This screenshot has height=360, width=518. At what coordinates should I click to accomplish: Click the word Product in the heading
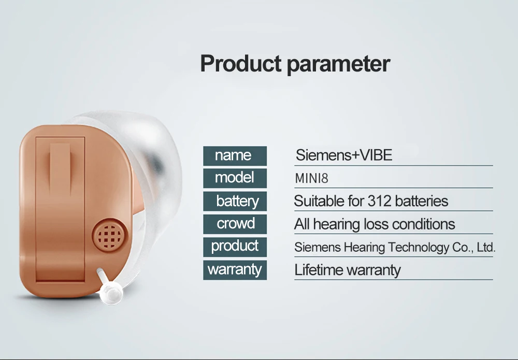point(241,63)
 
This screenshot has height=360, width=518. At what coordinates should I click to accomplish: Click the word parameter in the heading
point(339,65)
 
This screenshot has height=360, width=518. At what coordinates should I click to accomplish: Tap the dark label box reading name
point(235,156)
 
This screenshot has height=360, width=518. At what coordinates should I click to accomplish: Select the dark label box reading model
point(235,178)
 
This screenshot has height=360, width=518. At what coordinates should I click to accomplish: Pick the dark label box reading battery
point(235,201)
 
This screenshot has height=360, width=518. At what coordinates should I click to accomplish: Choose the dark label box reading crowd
point(235,224)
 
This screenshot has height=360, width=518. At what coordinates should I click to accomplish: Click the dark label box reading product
point(235,247)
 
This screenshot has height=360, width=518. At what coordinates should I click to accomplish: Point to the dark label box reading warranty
point(235,270)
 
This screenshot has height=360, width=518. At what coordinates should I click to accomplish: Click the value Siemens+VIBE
point(344,155)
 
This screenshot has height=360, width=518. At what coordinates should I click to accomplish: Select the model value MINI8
point(311,179)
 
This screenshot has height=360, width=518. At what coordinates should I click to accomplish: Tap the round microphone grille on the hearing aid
point(110,235)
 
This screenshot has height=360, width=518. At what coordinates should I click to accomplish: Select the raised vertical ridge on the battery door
point(60,168)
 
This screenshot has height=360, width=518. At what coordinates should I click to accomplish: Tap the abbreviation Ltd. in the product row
point(486,248)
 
